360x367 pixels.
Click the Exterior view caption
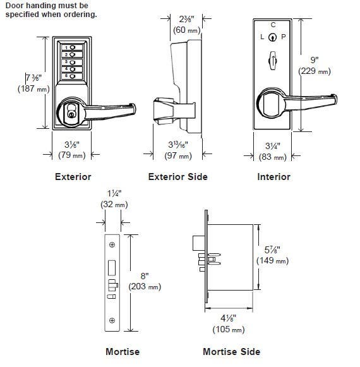tap(73, 177)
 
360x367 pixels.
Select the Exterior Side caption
tap(177, 177)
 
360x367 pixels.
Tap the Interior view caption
tap(273, 177)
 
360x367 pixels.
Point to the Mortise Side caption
tap(231, 352)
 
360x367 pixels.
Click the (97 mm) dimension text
tap(177, 155)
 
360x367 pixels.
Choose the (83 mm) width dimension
tap(273, 155)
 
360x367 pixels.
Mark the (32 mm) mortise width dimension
tap(114, 205)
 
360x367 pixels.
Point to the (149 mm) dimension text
tap(272, 260)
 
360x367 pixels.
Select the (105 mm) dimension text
tap(230, 328)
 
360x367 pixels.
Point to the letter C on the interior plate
tap(273, 25)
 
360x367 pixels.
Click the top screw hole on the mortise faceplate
tap(112, 244)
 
